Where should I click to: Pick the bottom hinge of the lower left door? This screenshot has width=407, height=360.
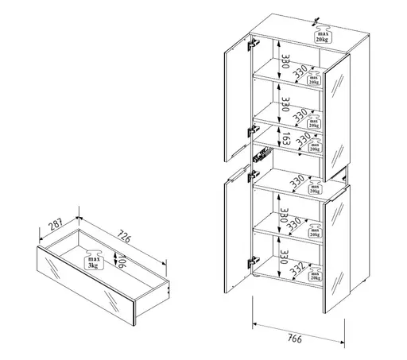pos(254,258)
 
